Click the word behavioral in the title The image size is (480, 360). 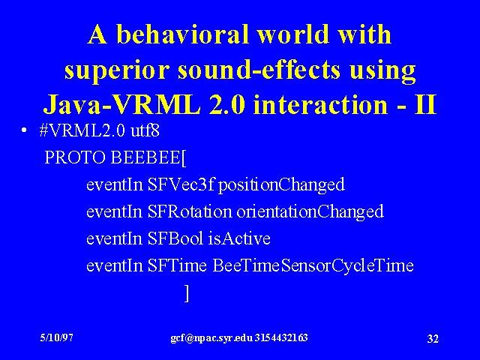tap(182, 34)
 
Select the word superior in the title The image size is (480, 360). tap(117, 70)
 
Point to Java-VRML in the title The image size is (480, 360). tap(122, 104)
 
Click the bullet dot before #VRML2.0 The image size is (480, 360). tap(24, 130)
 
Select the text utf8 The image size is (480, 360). tap(145, 130)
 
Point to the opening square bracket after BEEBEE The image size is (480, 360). tap(184, 158)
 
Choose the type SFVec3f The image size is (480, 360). tap(180, 184)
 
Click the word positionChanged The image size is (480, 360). tap(281, 185)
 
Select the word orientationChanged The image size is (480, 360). tap(310, 211)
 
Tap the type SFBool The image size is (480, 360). tap(175, 238)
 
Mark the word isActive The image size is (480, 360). tap(239, 238)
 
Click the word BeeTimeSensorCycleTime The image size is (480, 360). tap(313, 265)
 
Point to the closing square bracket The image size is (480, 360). tap(187, 293)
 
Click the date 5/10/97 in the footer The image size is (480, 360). tap(57, 337)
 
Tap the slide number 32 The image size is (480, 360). tap(433, 339)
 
